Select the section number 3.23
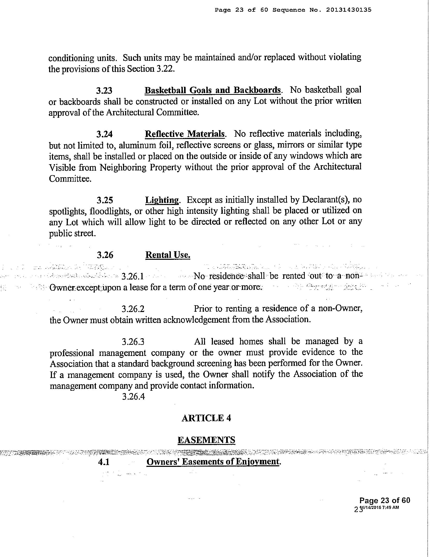[104, 90]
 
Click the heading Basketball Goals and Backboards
[213, 90]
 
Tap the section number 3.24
[104, 134]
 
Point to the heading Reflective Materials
[185, 134]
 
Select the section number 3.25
[105, 200]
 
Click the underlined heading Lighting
[162, 200]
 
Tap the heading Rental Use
[168, 255]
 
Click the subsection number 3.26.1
[133, 276]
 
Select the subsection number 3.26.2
[133, 309]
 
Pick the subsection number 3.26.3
[133, 342]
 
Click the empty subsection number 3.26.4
[133, 397]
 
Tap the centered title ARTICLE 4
[206, 418]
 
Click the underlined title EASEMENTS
[206, 440]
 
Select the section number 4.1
[104, 462]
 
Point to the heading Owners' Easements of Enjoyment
[213, 462]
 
